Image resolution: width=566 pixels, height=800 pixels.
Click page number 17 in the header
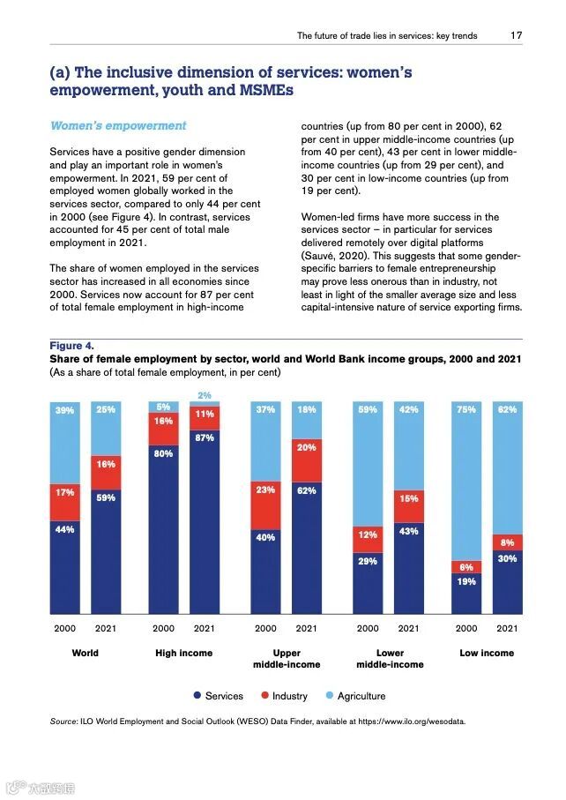[516, 36]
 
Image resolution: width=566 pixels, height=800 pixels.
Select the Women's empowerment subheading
[118, 126]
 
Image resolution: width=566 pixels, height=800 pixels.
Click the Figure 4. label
[71, 346]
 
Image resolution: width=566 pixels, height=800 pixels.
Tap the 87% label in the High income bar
[205, 438]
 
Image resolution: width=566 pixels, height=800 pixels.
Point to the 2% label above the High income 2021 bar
[205, 395]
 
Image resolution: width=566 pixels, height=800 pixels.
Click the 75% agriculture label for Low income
[466, 409]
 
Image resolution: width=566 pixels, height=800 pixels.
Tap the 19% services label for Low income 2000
[466, 581]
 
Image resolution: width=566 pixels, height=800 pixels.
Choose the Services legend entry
[218, 696]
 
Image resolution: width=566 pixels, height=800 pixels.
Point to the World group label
[86, 653]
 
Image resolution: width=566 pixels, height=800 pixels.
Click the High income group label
[184, 653]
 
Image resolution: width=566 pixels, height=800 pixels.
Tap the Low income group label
[487, 653]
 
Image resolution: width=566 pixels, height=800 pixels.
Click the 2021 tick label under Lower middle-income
[408, 629]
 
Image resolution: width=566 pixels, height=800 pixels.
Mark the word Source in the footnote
[63, 721]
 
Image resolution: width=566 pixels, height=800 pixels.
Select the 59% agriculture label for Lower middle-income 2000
[368, 409]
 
